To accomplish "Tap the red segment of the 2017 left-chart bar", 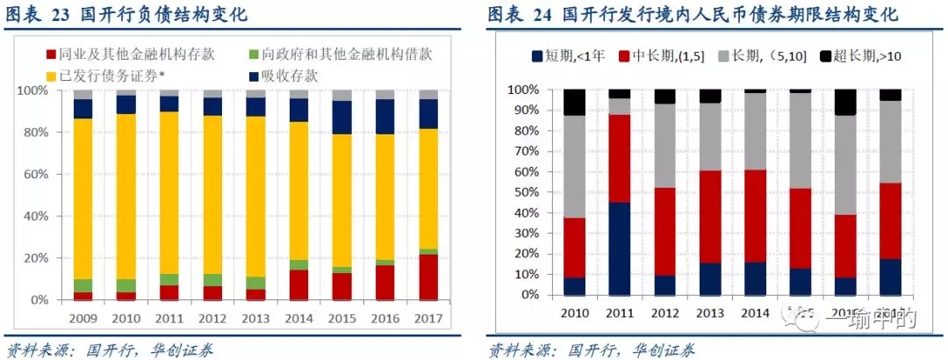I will click(428, 277).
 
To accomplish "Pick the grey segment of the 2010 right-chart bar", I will click(574, 166).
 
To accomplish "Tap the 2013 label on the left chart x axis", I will click(255, 317).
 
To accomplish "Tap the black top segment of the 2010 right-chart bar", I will click(574, 102).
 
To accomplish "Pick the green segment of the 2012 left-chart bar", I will click(212, 280).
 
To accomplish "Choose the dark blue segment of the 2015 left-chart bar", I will click(342, 117).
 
